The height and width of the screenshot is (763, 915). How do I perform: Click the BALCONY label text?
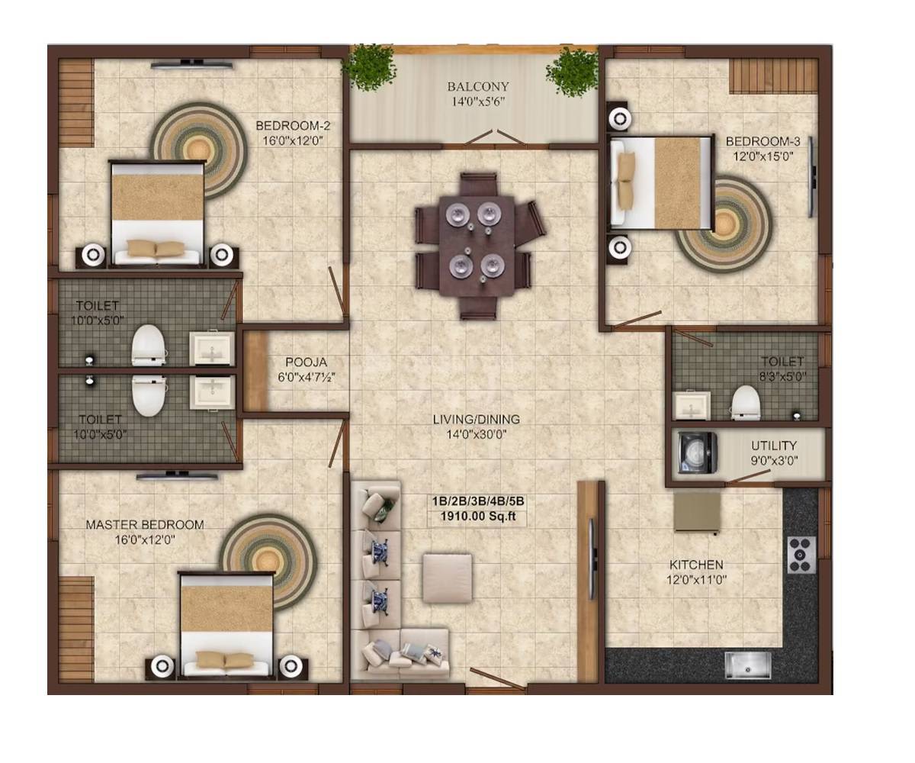click(x=478, y=86)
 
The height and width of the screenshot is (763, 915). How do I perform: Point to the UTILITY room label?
click(x=774, y=446)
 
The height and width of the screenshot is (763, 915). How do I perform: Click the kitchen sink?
click(x=747, y=665)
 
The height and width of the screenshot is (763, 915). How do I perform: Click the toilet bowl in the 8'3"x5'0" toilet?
click(x=745, y=403)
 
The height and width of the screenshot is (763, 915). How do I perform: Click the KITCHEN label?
click(x=696, y=565)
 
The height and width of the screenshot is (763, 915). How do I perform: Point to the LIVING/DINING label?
click(x=477, y=420)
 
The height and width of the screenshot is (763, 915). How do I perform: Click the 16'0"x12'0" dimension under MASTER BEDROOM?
click(x=144, y=539)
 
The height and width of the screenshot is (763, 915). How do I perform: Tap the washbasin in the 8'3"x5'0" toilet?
click(x=692, y=406)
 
